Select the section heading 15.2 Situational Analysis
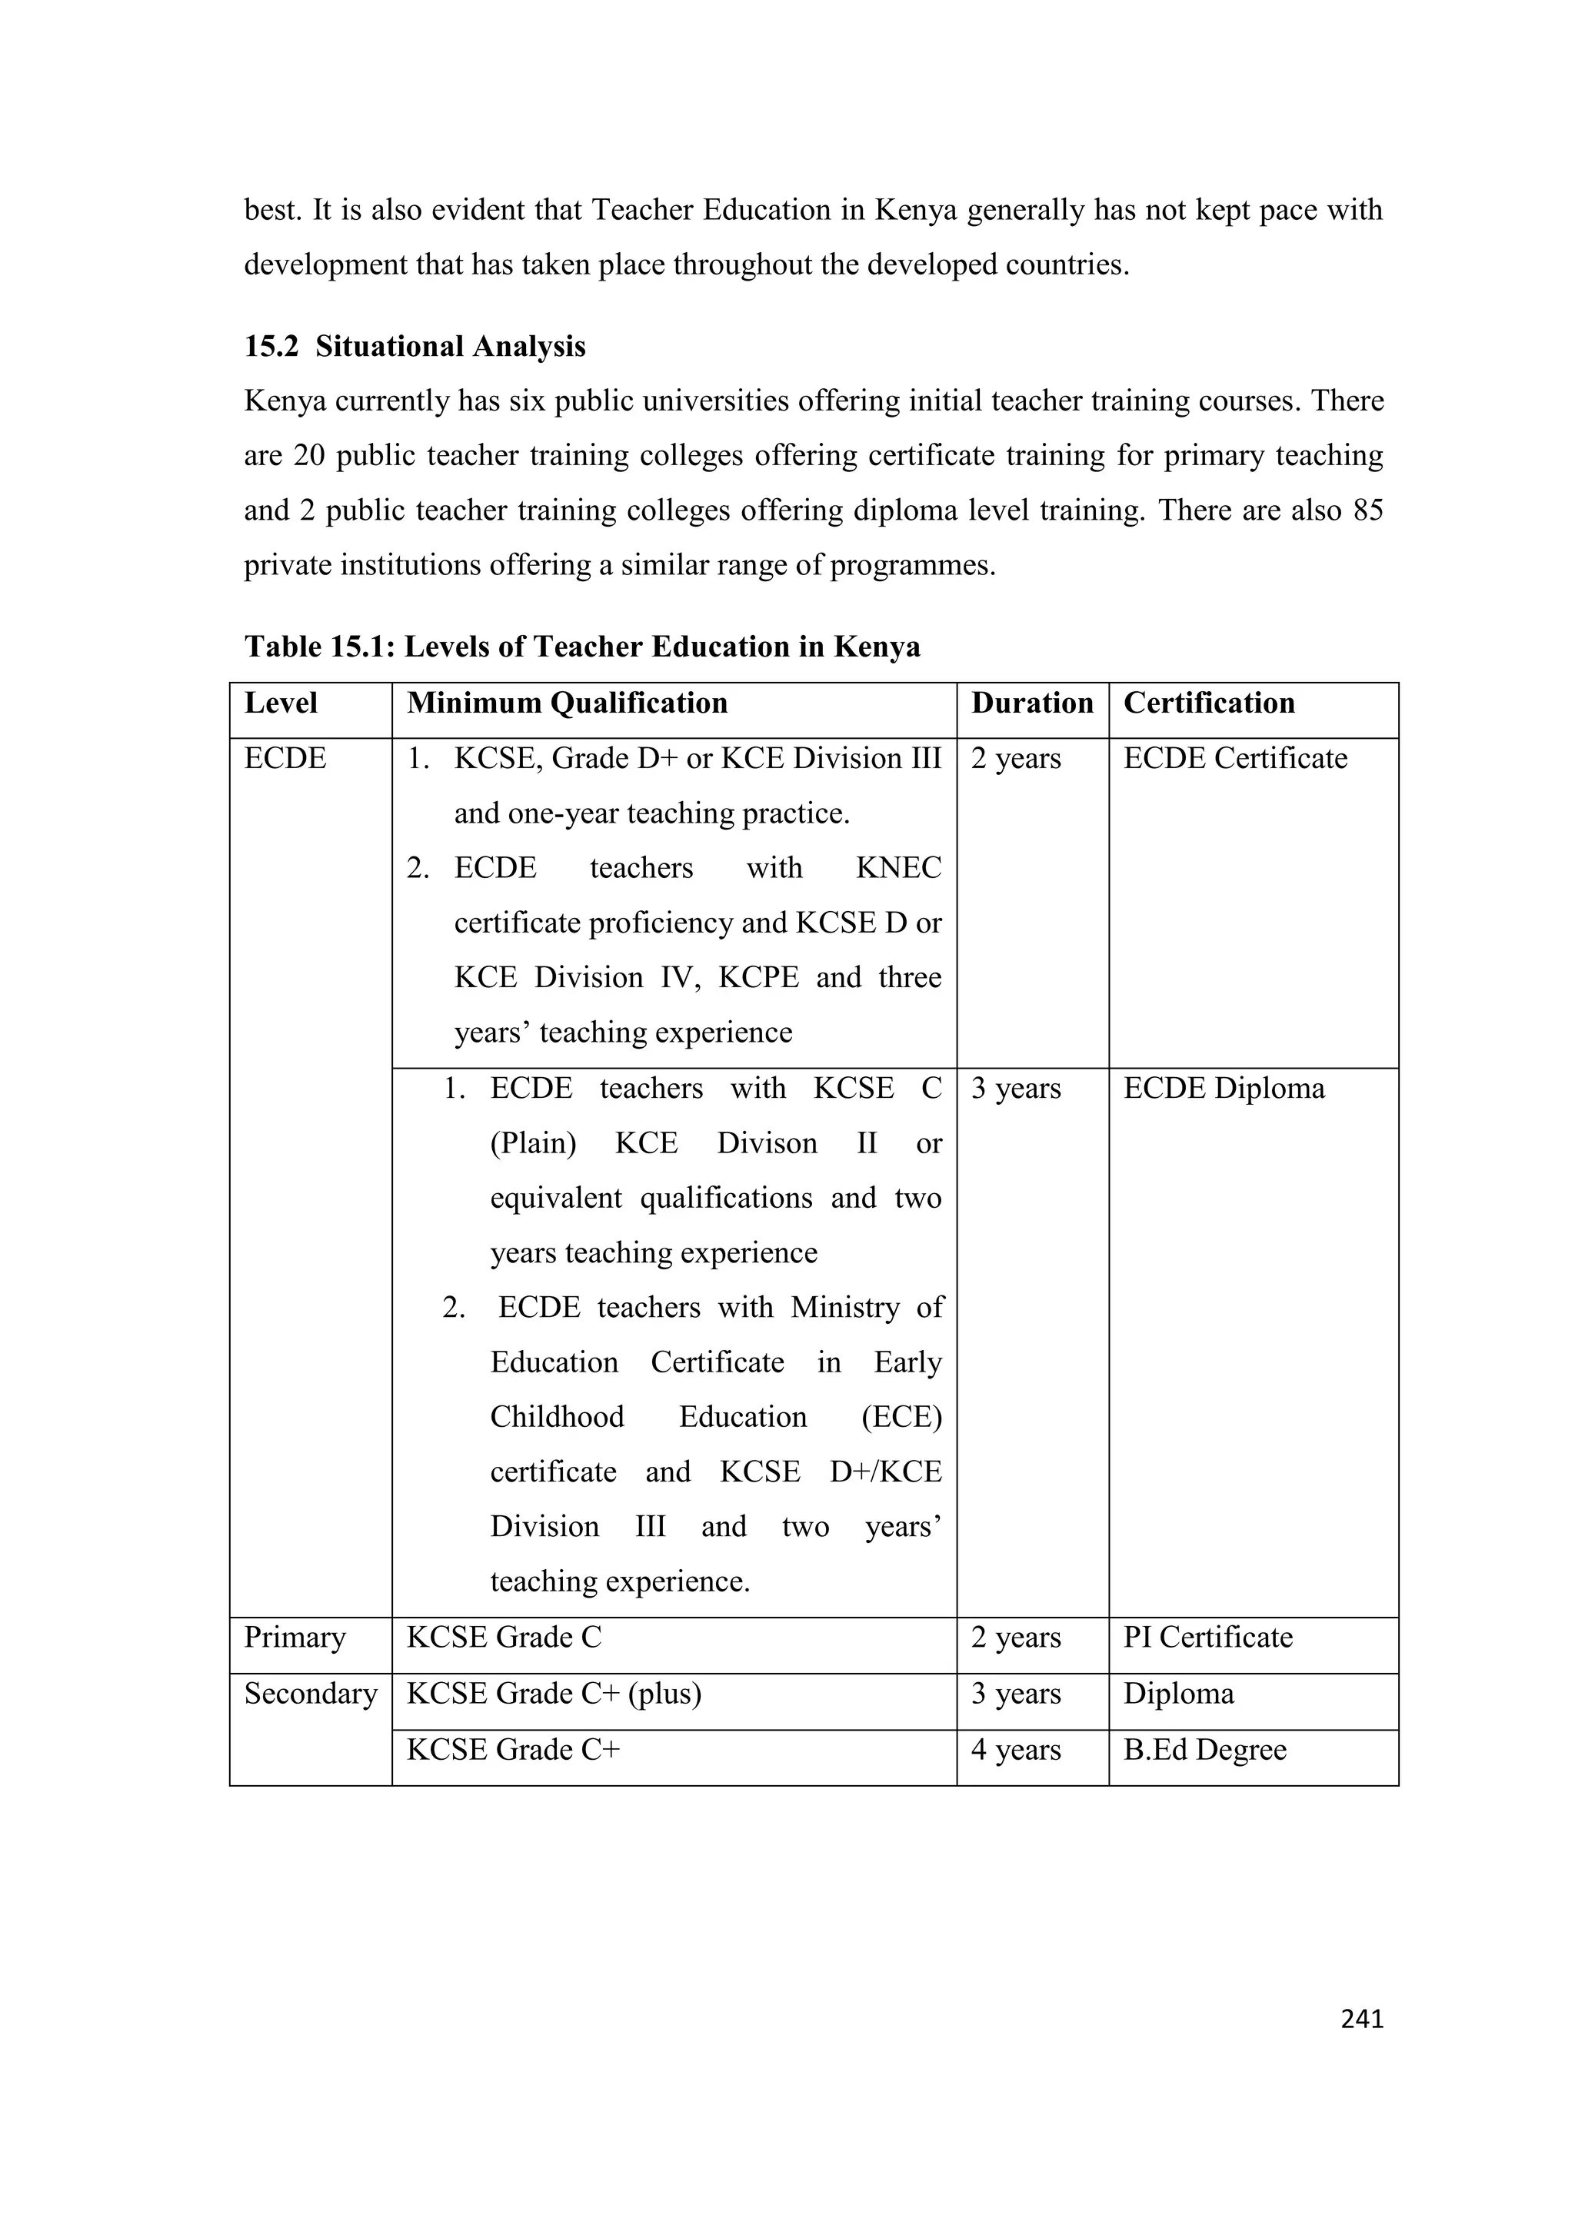tap(415, 347)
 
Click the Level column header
tap(281, 703)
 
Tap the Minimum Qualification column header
tap(567, 703)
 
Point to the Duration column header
tap(1031, 703)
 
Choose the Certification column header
tap(1208, 703)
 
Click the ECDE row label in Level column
tap(285, 758)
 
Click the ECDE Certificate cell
tap(1234, 758)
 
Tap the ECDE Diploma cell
tap(1223, 1088)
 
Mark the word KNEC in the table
tap(897, 867)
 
